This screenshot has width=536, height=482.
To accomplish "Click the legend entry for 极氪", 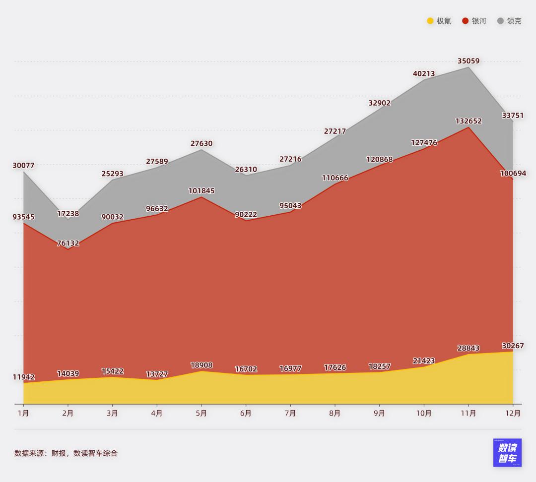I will [x=439, y=21].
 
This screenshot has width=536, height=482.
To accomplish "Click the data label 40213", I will [x=424, y=74].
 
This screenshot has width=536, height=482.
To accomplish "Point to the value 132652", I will [x=469, y=121].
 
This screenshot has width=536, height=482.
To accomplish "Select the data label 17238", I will [x=68, y=214].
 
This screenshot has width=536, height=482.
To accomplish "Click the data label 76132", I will [x=68, y=243].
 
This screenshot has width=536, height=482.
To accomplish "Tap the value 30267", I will [x=513, y=346].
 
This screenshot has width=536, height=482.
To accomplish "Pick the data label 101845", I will [x=201, y=191].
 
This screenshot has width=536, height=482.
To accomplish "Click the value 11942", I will [x=23, y=377].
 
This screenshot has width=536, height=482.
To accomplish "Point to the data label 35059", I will [x=469, y=61].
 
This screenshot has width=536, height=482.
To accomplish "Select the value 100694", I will [x=513, y=174].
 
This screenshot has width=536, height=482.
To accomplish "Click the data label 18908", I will [x=201, y=365].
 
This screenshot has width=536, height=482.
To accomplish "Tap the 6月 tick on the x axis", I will [x=246, y=413].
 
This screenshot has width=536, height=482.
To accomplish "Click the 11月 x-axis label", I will [x=469, y=413].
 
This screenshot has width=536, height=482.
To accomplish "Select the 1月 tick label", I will [x=23, y=413].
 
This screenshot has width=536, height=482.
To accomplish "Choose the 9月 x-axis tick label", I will [x=379, y=413].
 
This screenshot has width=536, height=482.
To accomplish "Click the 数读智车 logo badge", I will [x=507, y=453].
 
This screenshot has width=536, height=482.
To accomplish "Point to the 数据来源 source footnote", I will [x=66, y=453].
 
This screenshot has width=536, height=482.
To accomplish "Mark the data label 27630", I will [x=201, y=144].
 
